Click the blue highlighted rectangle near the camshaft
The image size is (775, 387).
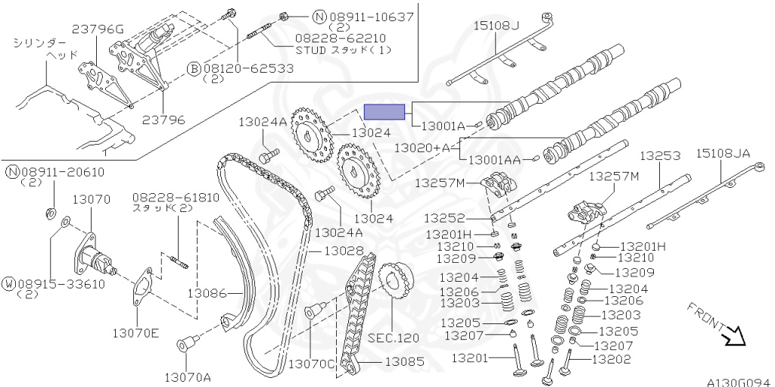tap(385, 111)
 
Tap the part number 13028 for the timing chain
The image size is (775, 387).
tap(344, 250)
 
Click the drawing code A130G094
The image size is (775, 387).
tap(739, 382)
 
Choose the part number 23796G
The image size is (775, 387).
tap(98, 30)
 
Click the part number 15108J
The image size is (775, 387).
tap(496, 26)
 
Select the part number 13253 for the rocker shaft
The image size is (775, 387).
tap(660, 155)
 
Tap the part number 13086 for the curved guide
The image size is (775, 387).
tap(207, 292)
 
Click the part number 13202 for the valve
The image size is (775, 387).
tap(611, 360)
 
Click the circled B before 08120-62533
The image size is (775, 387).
tap(194, 68)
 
